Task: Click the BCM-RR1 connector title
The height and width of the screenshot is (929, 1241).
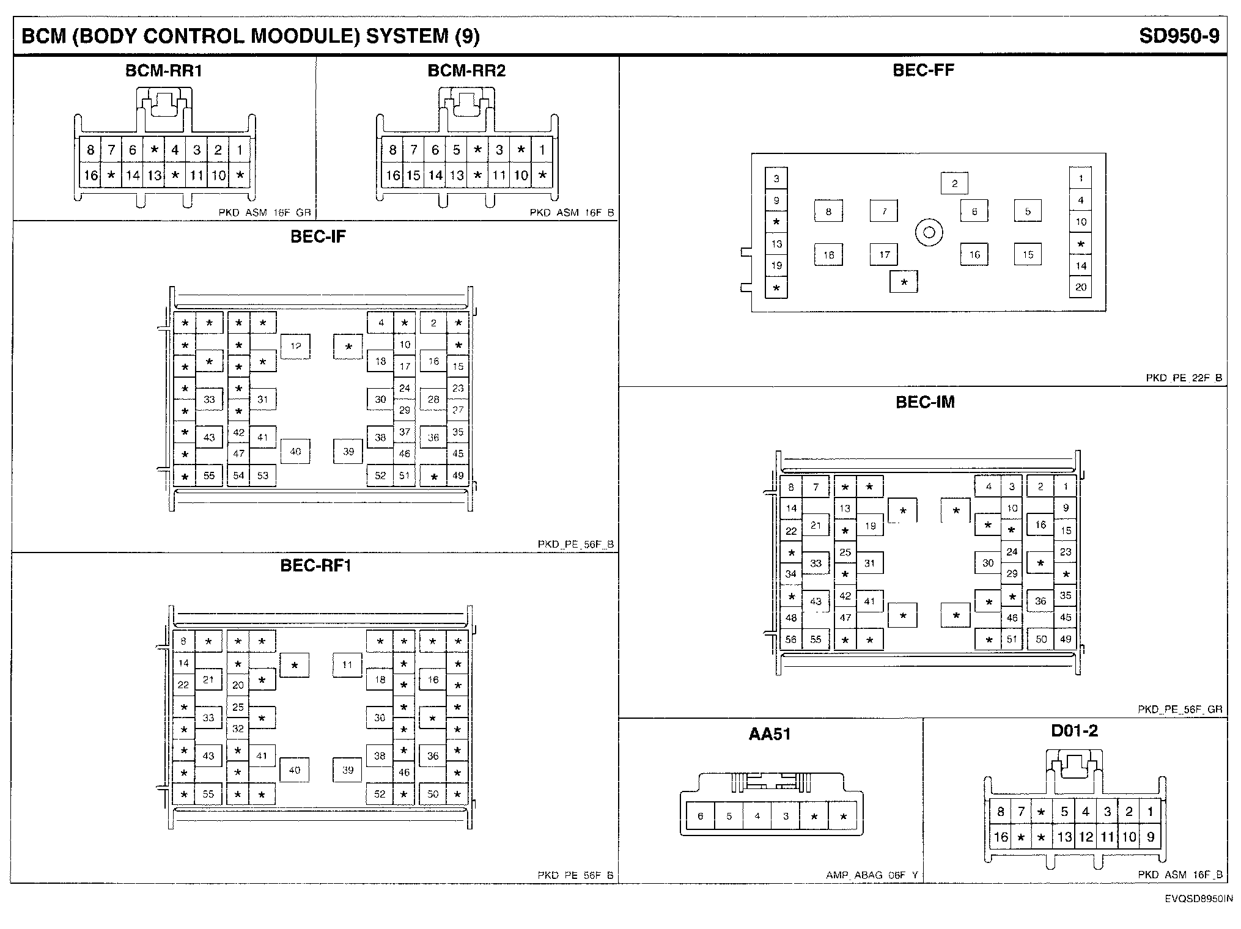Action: [163, 71]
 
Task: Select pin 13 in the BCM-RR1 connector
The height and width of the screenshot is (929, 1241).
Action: [154, 176]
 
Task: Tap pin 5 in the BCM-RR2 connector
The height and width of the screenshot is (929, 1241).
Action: [456, 150]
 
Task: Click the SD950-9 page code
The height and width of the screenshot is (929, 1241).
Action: [1179, 37]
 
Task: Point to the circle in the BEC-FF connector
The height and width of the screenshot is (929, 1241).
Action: [929, 232]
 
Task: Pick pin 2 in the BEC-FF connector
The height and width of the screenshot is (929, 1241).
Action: [954, 183]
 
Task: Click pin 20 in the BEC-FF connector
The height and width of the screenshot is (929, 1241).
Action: [1081, 287]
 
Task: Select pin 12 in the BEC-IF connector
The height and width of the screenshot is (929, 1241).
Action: [295, 347]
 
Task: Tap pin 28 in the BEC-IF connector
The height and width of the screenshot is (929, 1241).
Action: [433, 400]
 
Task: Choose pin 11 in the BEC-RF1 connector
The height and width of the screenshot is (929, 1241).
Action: [347, 665]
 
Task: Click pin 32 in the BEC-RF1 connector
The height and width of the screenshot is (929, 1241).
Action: [238, 729]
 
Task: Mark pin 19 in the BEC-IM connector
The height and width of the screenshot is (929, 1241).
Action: [869, 526]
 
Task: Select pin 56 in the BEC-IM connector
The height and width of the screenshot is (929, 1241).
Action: [791, 639]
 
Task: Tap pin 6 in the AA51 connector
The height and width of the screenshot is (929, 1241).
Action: [700, 816]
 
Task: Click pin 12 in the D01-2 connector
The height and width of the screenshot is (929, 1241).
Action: [1086, 837]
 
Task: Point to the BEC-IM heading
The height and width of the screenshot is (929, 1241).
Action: [925, 402]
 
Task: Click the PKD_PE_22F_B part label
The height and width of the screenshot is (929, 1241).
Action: [1184, 378]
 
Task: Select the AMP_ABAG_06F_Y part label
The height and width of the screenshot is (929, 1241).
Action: [871, 875]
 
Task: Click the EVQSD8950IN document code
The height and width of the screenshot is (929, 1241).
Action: [1198, 899]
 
